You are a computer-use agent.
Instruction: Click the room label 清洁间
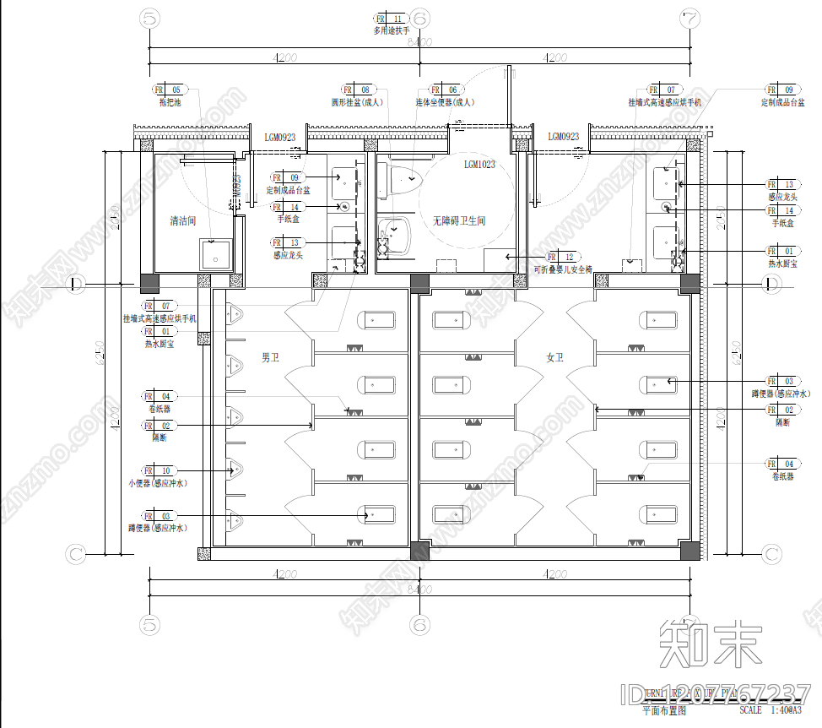click(x=182, y=221)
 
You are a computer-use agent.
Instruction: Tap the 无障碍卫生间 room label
click(x=459, y=221)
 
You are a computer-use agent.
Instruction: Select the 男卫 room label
click(x=270, y=358)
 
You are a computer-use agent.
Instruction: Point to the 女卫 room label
click(x=554, y=358)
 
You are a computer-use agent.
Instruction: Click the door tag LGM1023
click(x=479, y=165)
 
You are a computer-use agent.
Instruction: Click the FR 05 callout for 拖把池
click(x=167, y=90)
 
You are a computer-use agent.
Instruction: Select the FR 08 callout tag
click(x=357, y=90)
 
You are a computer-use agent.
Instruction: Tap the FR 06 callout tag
click(x=444, y=90)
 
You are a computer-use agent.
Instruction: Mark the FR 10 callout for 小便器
click(x=157, y=470)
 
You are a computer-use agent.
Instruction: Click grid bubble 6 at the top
click(x=419, y=17)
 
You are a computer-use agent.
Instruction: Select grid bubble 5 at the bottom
click(x=150, y=625)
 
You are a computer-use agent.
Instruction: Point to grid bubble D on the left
click(x=75, y=284)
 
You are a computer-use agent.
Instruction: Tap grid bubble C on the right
click(x=772, y=554)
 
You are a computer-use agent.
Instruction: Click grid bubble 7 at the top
click(x=690, y=17)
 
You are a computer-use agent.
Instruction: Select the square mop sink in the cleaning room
click(x=215, y=254)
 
